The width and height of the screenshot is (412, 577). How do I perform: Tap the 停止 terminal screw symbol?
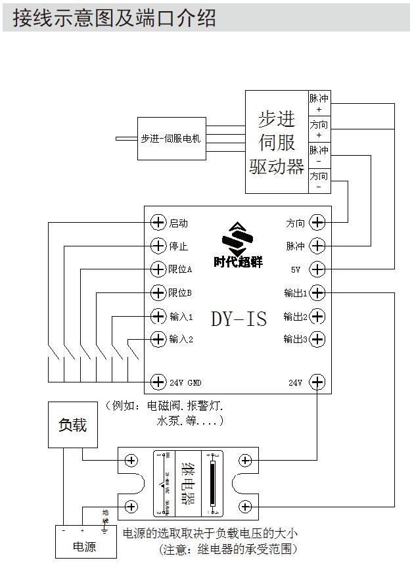pos(158,246)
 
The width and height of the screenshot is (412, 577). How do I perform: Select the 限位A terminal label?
pos(180,269)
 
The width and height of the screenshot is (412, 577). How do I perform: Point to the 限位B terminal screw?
pos(158,292)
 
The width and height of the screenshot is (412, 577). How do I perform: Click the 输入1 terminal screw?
pos(158,316)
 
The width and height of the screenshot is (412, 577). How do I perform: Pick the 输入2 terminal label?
pos(181,339)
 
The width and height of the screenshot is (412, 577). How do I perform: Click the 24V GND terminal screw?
pos(158,382)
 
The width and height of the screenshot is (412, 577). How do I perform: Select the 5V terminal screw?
pos(317,269)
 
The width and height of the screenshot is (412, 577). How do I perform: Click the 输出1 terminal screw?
pos(317,292)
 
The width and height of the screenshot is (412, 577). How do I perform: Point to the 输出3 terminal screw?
pos(317,339)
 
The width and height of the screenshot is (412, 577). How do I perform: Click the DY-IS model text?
pos(239,319)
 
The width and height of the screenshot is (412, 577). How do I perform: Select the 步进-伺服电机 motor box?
pos(171,139)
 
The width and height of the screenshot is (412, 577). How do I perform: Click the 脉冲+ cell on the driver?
pos(319,103)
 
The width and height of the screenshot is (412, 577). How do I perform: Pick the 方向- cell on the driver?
pos(319,181)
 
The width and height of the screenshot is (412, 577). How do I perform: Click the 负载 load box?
pos(72,426)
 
